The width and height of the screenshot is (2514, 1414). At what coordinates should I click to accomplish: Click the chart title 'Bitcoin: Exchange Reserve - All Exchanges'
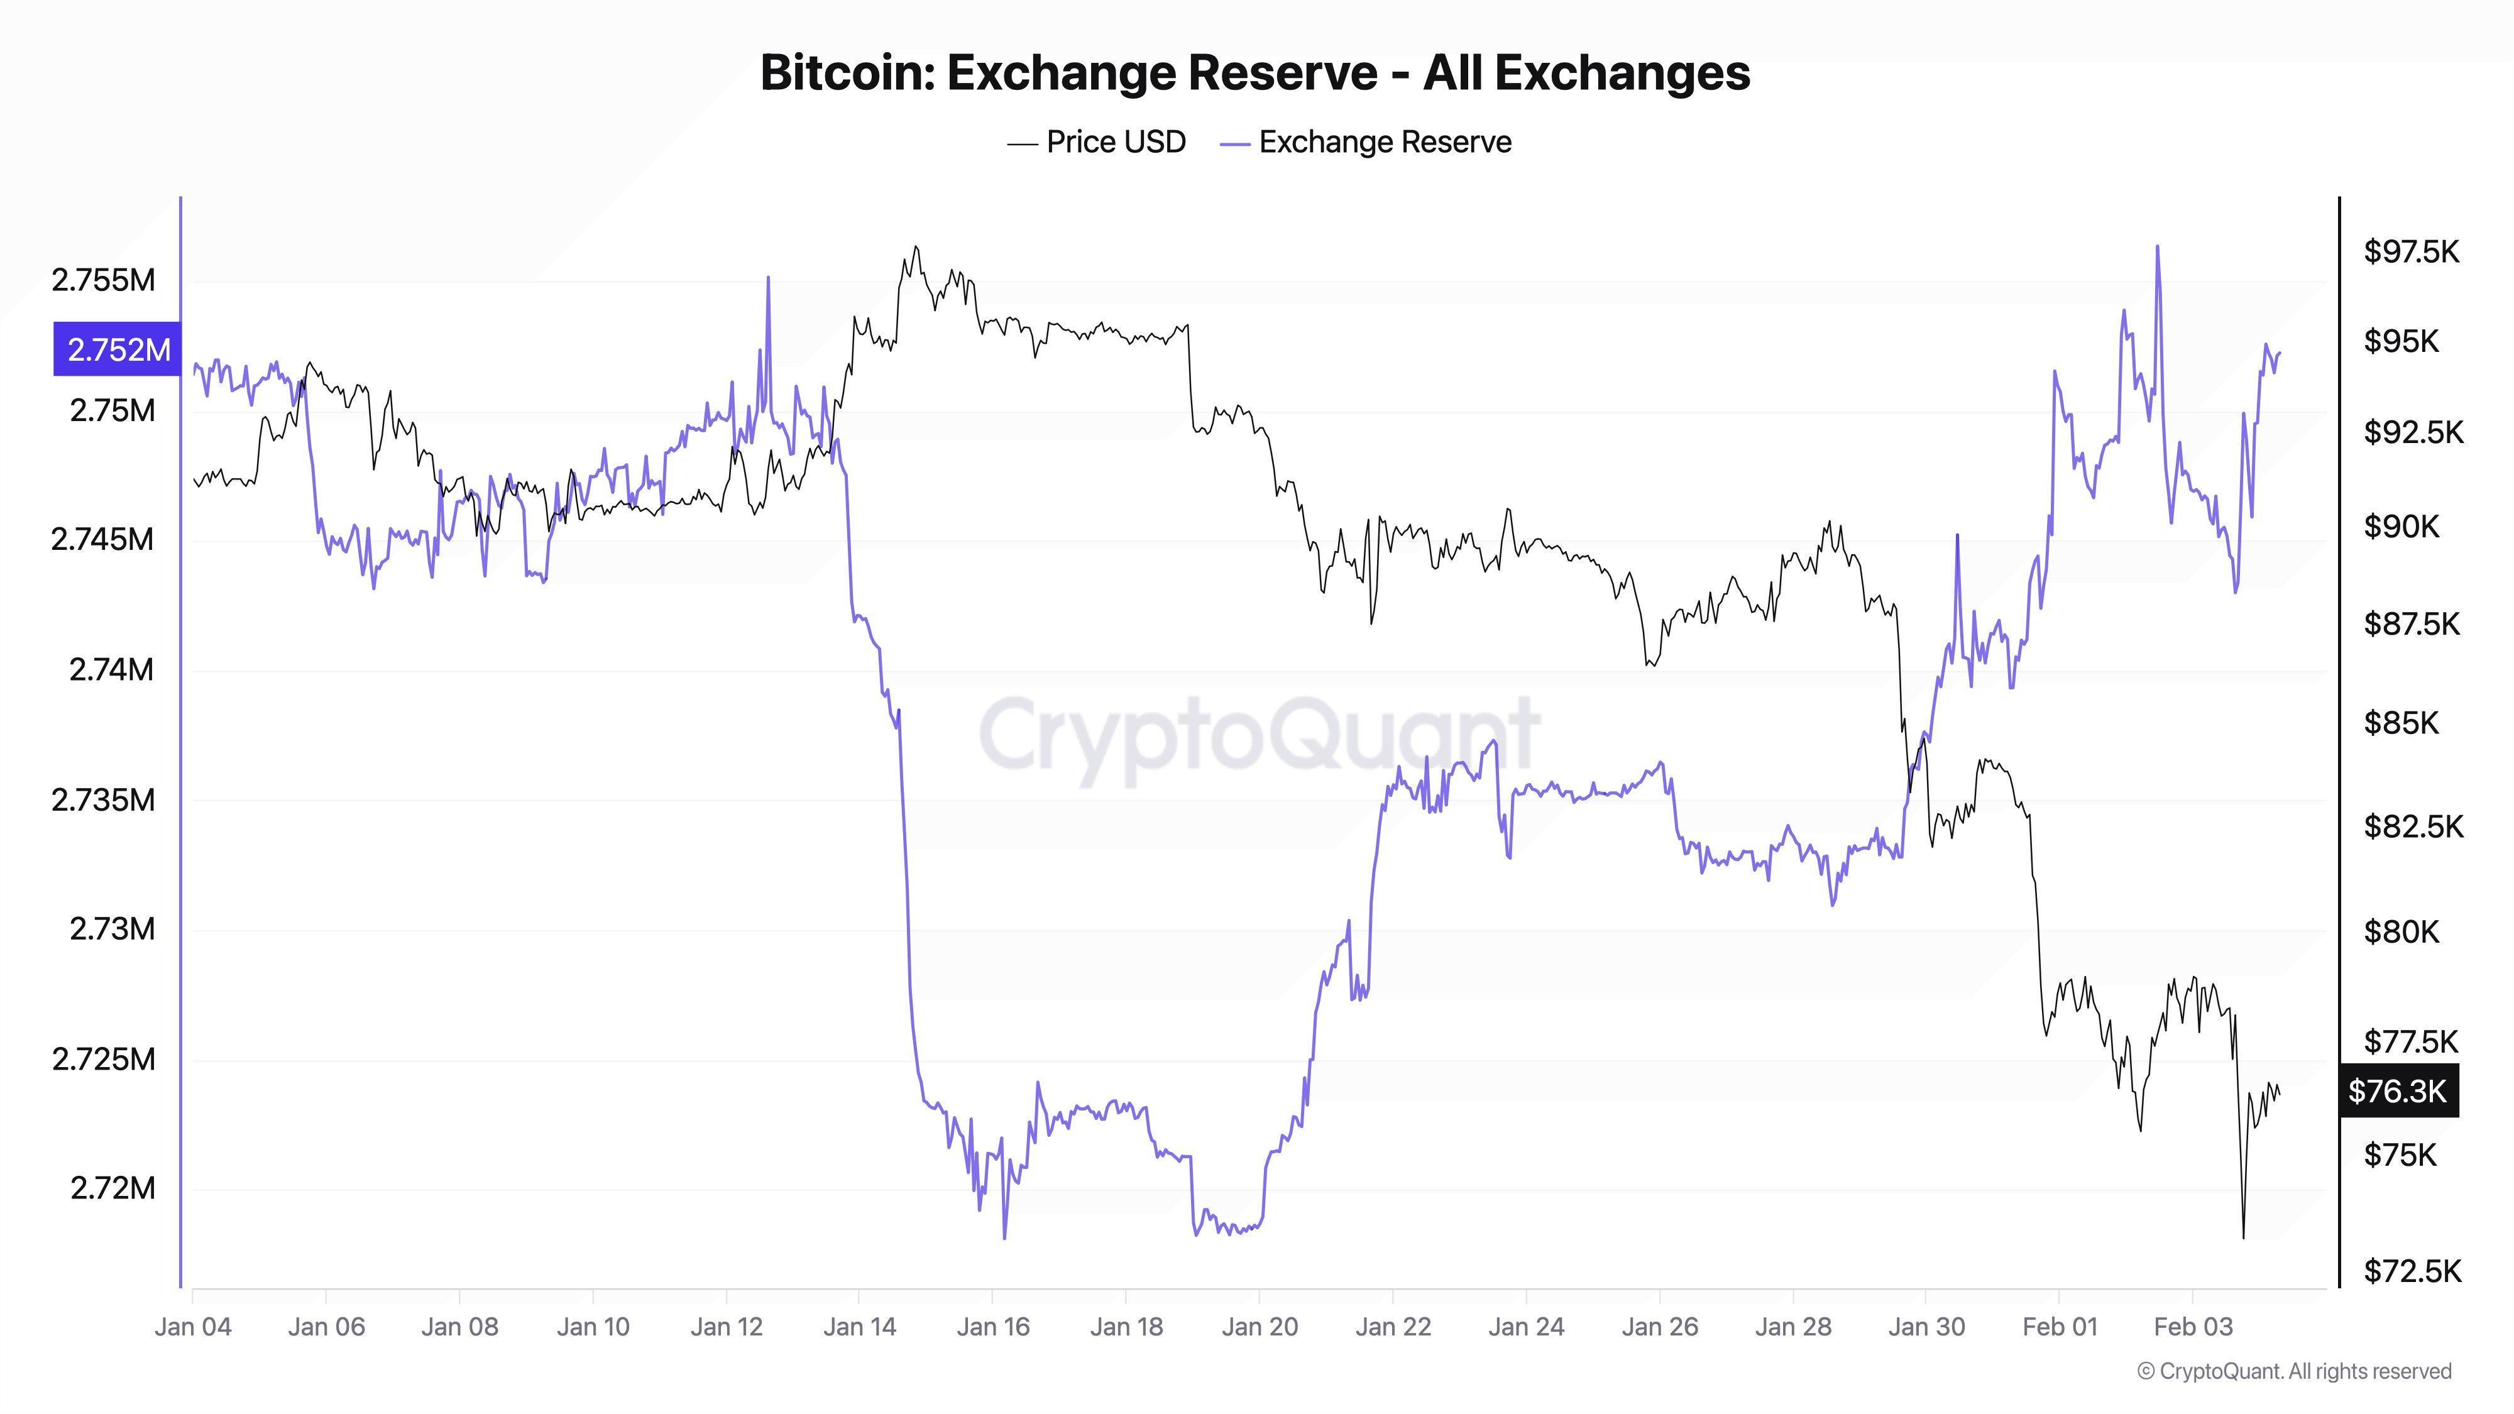tap(1255, 73)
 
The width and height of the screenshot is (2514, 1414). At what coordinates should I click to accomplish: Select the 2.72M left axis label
tap(113, 1188)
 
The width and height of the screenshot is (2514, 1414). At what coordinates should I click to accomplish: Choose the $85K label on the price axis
tap(2401, 723)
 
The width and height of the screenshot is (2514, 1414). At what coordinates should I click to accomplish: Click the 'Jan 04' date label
tap(193, 1327)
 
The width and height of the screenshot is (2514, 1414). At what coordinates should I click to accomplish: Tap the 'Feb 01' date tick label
tap(2059, 1327)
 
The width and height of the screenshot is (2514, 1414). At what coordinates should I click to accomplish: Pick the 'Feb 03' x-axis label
tap(2192, 1327)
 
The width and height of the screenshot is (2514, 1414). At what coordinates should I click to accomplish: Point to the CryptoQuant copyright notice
tap(2293, 1371)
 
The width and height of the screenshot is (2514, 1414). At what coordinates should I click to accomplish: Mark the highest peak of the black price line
tap(916, 247)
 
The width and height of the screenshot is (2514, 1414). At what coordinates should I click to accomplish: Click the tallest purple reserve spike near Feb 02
tap(2157, 247)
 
